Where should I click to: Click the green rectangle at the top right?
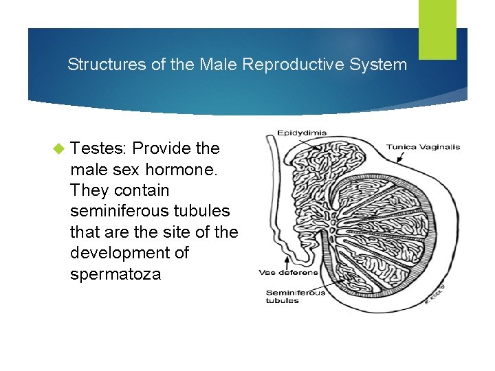(x=437, y=30)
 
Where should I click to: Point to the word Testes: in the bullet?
(x=99, y=148)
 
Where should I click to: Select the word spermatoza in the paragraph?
(x=115, y=274)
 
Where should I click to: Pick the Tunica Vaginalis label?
(x=423, y=147)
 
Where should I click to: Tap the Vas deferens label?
(x=288, y=272)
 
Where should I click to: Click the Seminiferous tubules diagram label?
(x=296, y=296)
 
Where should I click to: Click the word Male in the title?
(x=217, y=65)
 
